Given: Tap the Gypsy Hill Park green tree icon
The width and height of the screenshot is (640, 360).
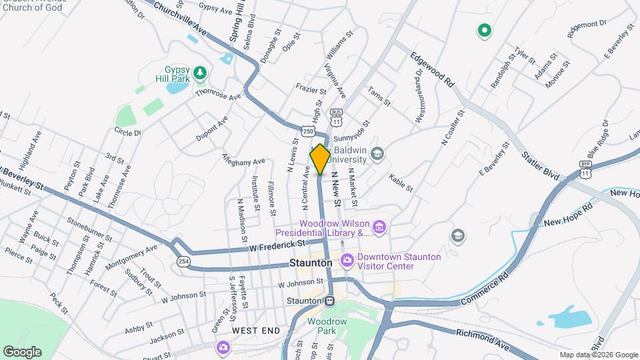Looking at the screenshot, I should (198, 71).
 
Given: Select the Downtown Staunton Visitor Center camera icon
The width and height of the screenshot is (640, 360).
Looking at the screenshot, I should (347, 260).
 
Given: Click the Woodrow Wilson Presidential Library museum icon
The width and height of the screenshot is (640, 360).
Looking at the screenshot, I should (379, 228).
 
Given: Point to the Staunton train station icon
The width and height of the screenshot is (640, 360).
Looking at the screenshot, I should (329, 301).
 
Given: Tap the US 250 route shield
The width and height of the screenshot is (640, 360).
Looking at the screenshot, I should (307, 132).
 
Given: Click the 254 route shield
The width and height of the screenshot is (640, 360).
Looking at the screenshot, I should (183, 262).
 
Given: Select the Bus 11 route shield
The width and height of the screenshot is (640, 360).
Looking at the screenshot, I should (337, 117).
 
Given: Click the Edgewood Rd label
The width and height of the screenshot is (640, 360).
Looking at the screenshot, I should (432, 69).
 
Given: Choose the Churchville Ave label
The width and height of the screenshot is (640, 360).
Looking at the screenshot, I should (181, 19).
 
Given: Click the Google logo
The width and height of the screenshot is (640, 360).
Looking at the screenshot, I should (22, 351).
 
